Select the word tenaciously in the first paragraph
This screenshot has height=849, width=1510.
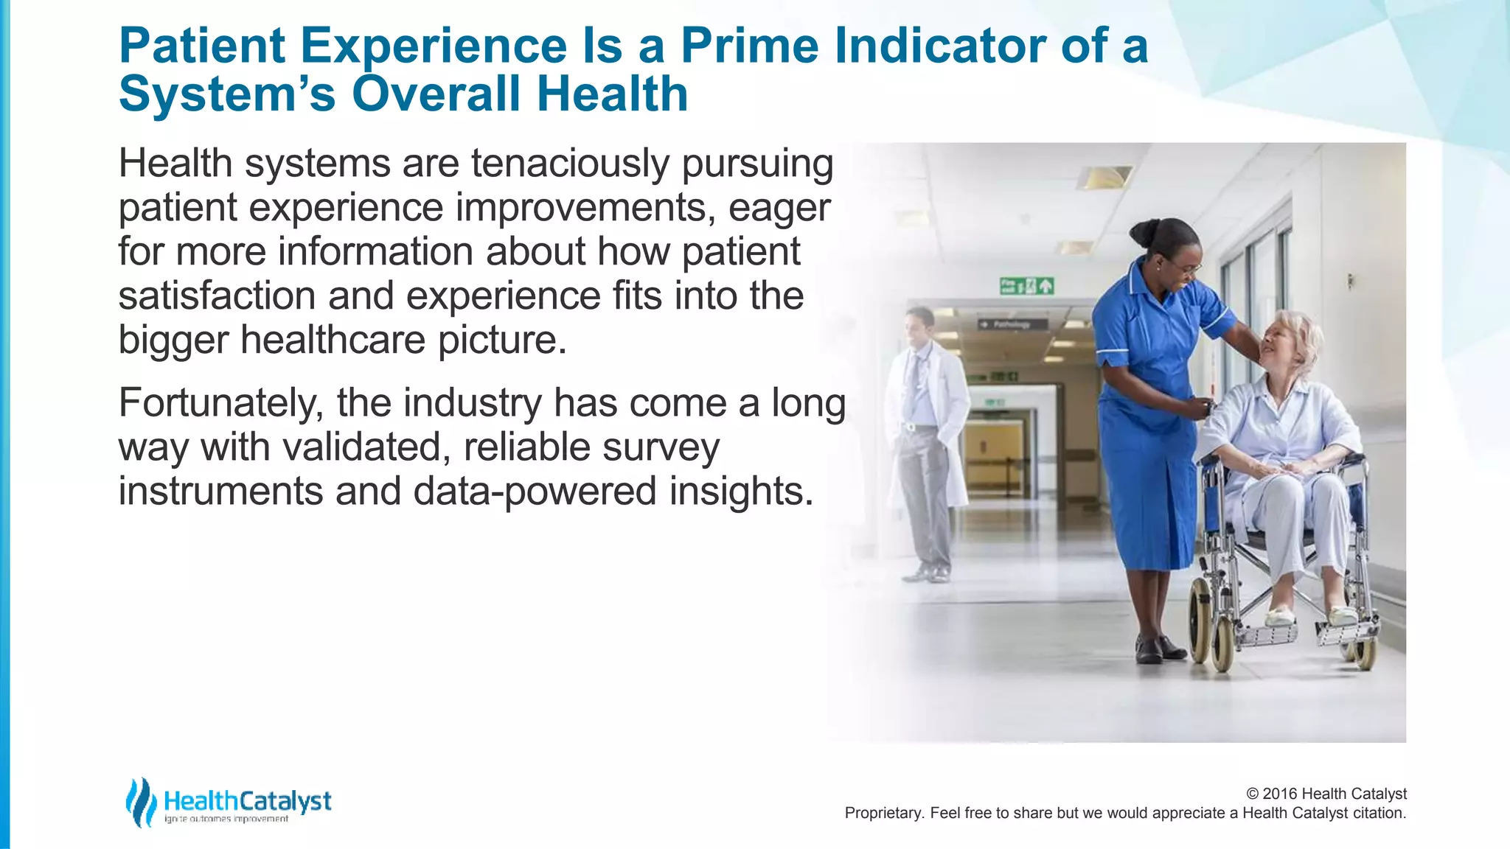tap(569, 164)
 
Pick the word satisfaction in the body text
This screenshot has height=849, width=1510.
tap(217, 296)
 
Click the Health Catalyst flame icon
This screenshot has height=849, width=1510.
tap(140, 802)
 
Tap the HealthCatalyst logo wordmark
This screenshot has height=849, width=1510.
tap(247, 801)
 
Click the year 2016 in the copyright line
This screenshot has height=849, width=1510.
tap(1280, 794)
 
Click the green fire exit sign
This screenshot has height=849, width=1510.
tap(1026, 286)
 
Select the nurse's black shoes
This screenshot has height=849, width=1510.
tap(1158, 649)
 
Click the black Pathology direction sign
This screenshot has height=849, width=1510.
tap(1013, 324)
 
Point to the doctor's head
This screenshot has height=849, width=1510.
tap(919, 324)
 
